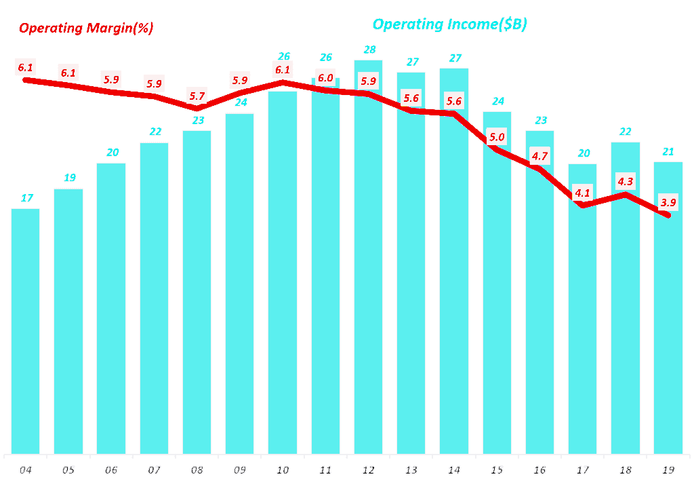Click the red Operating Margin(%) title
point(86,28)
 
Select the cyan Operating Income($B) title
point(449,24)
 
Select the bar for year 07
point(155,298)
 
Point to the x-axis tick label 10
point(283,469)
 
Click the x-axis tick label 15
point(497,469)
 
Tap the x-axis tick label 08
point(197,469)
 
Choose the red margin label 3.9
point(668,201)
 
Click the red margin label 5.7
point(197,96)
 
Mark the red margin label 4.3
point(626,181)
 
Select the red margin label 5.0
point(497,137)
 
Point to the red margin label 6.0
point(325,78)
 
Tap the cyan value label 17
point(27,198)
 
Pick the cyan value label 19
point(69,178)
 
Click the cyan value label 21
point(668,151)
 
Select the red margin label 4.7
point(540,156)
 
